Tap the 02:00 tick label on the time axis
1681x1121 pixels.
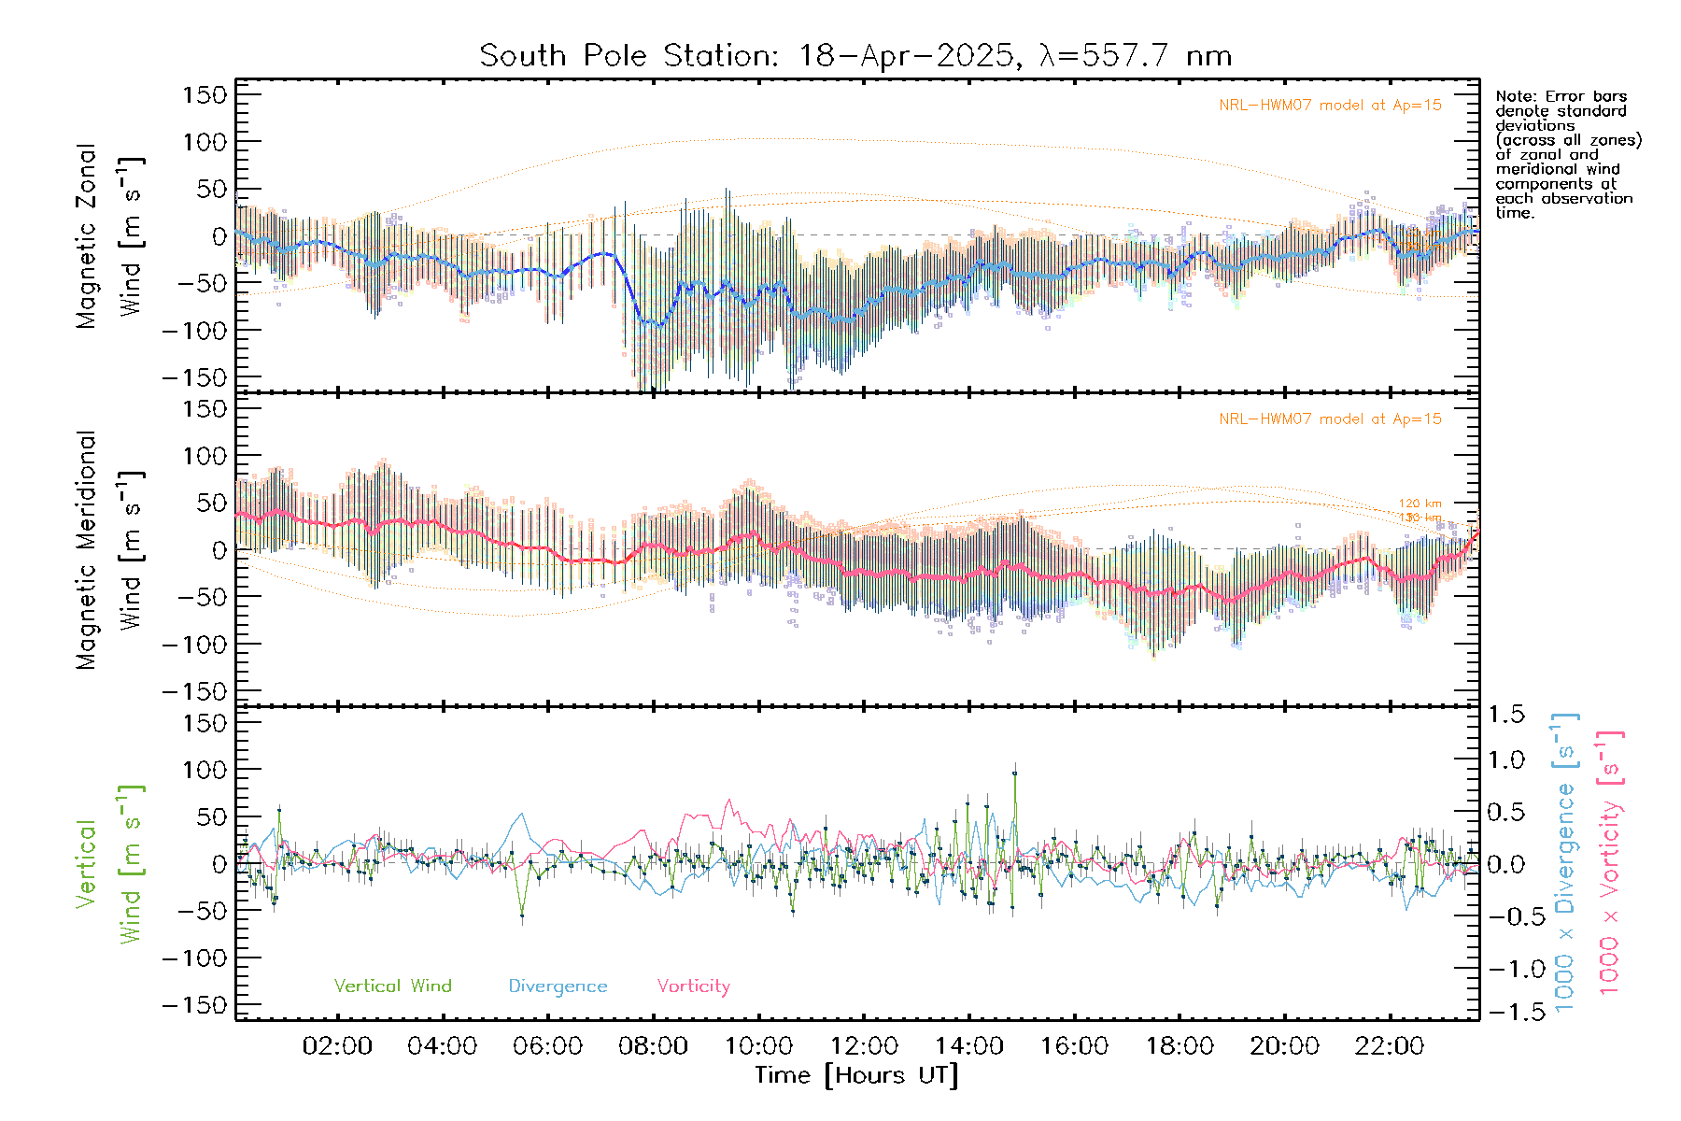point(337,1046)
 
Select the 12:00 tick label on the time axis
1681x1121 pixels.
point(864,1046)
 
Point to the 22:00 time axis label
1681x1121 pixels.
point(1390,1046)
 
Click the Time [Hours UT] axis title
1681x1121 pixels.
point(856,1075)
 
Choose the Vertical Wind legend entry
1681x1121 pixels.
point(392,986)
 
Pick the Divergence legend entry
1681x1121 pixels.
point(558,986)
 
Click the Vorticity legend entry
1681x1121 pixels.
point(693,986)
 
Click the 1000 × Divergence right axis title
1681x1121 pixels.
point(1564,863)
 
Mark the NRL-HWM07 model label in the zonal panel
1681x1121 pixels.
point(1330,106)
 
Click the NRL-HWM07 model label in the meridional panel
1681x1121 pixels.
point(1330,419)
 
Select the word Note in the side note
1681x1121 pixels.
point(1513,96)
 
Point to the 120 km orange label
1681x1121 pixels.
point(1420,504)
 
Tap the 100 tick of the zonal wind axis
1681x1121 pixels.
point(205,142)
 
